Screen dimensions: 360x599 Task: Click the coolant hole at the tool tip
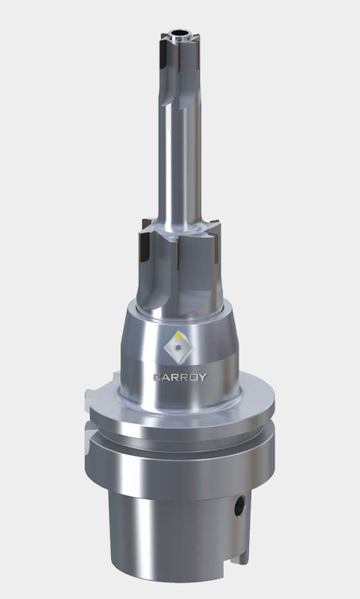pos(180,32)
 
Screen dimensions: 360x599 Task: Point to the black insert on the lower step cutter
pos(145,247)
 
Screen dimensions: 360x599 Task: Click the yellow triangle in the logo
pos(178,336)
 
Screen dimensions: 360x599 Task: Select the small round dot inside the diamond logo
pos(178,348)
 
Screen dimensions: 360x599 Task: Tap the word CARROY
pos(180,377)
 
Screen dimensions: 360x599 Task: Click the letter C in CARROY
pos(157,377)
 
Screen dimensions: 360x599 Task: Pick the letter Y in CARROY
pos(203,377)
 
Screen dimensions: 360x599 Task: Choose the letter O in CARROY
pos(193,377)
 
